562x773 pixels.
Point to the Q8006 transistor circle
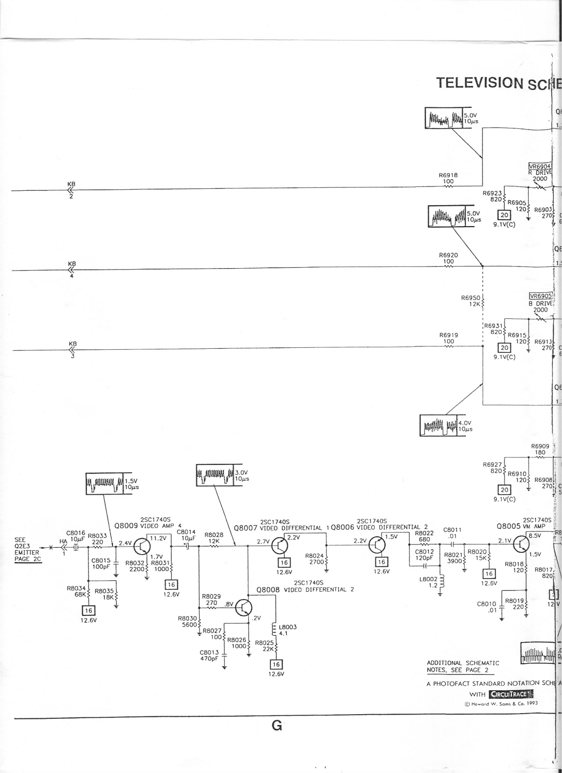(x=377, y=545)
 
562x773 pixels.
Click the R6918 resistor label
(x=448, y=175)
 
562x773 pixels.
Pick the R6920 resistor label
(x=448, y=255)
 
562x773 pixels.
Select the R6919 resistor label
(x=448, y=335)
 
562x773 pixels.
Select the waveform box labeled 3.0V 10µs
(x=214, y=475)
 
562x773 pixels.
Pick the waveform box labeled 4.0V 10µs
(x=438, y=426)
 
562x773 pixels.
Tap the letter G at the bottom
(x=277, y=726)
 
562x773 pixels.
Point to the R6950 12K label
(x=471, y=301)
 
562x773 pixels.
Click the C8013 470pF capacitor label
(x=209, y=655)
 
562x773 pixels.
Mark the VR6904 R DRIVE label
(x=539, y=169)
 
